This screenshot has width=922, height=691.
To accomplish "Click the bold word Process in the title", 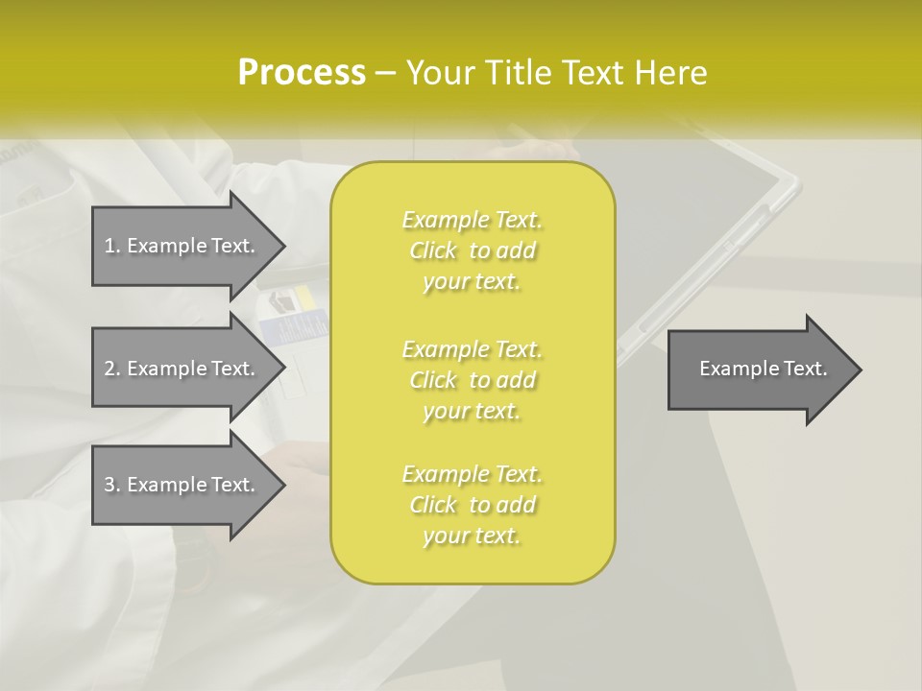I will click(x=302, y=73).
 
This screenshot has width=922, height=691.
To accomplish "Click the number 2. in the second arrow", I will click(x=112, y=369).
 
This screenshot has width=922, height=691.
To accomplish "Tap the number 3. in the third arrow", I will click(x=112, y=485).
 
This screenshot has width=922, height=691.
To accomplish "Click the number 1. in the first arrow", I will click(x=112, y=246).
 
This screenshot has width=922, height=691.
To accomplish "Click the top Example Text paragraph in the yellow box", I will click(x=472, y=250).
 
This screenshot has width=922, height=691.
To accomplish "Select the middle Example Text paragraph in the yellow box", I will click(x=472, y=380).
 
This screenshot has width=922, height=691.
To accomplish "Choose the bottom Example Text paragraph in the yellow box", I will click(x=472, y=505).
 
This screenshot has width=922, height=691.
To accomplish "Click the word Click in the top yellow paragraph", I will click(x=433, y=250).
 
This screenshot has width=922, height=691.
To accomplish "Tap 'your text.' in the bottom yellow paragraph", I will click(x=472, y=536).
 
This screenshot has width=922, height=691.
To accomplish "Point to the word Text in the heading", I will click(x=595, y=73).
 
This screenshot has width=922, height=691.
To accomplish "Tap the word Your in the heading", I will click(x=440, y=73).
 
